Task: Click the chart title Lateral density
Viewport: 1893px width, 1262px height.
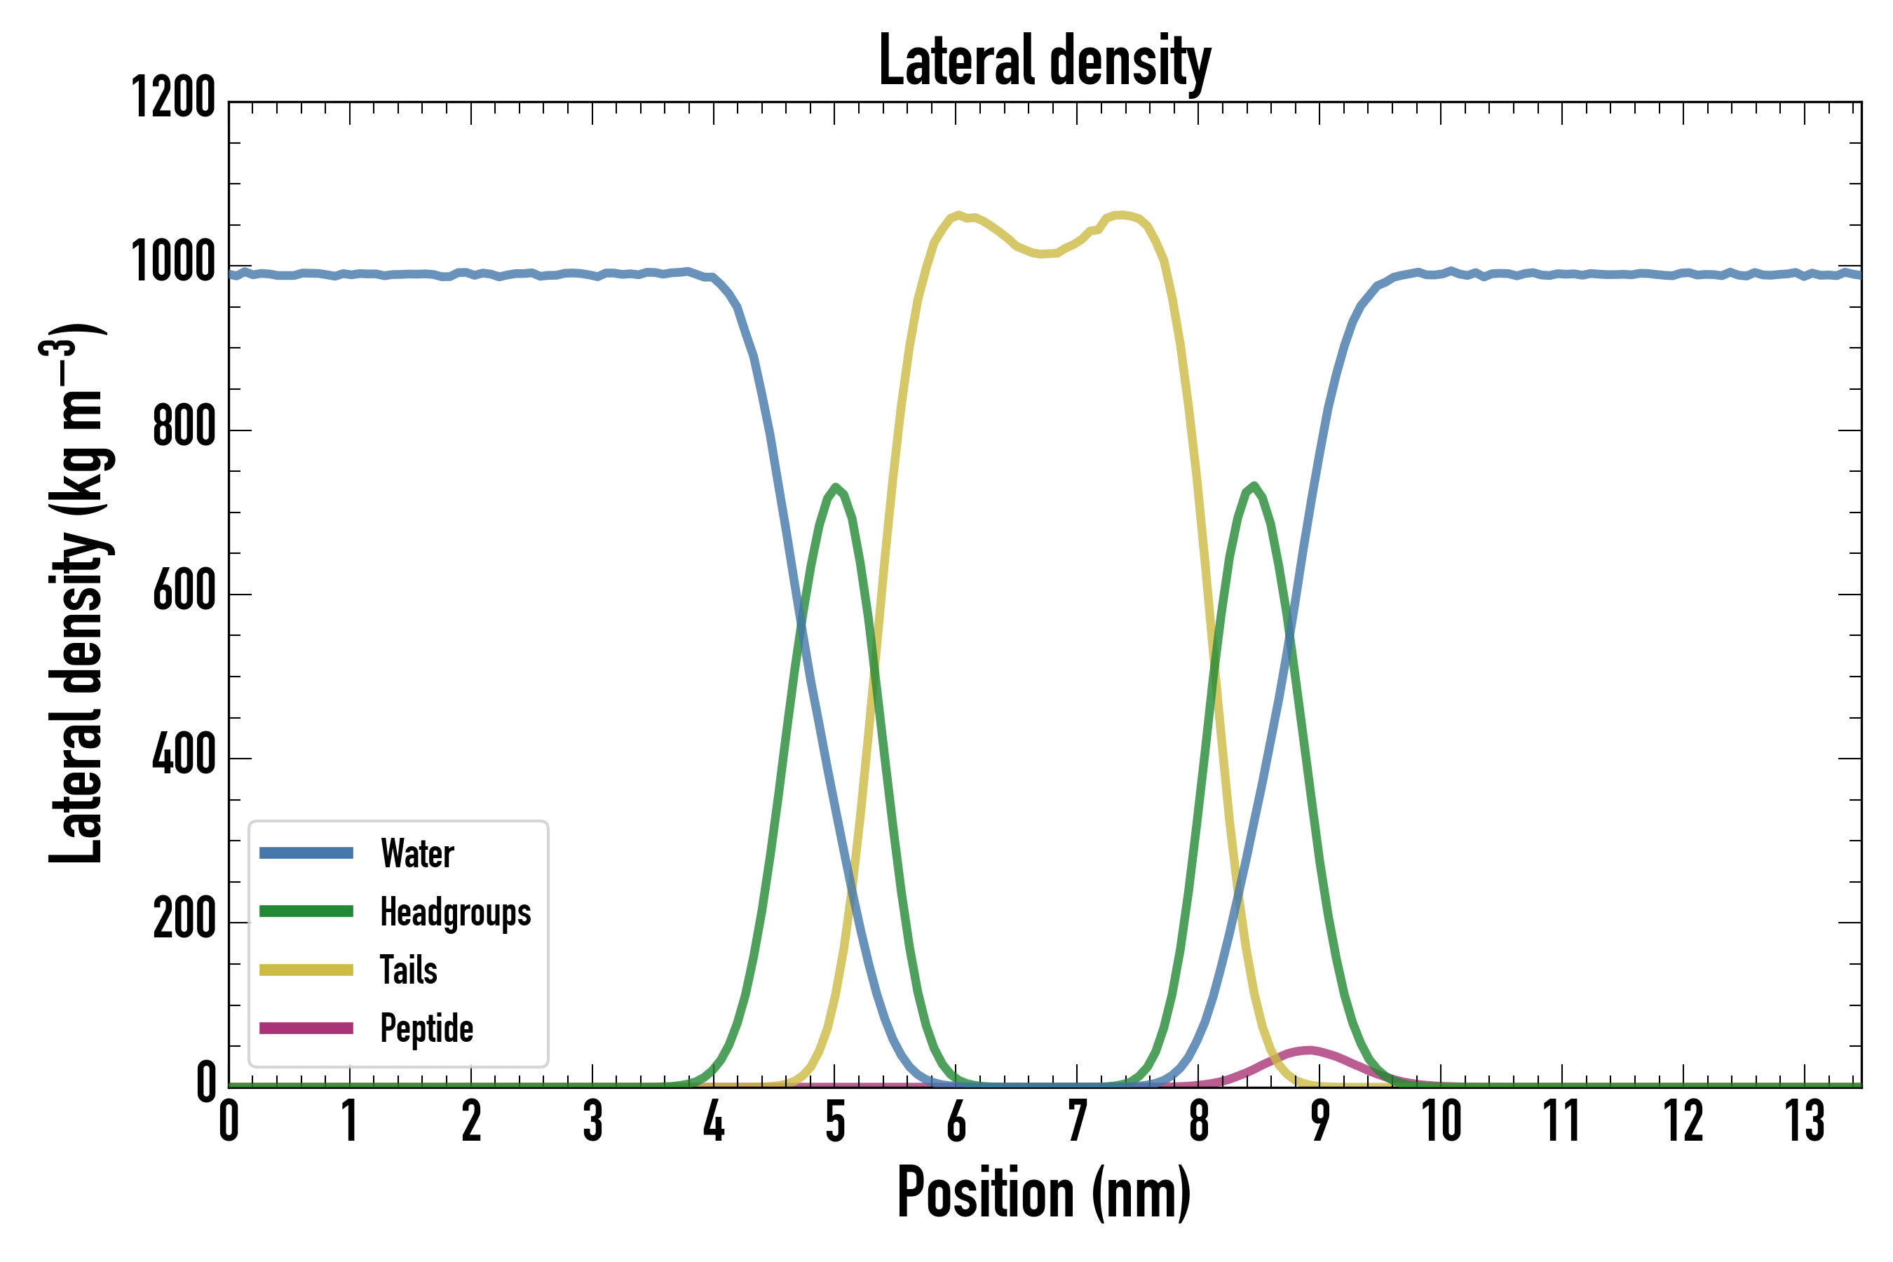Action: pos(1044,61)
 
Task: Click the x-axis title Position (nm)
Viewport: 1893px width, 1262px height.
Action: pos(1044,1193)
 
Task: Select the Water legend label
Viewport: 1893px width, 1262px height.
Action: pos(417,854)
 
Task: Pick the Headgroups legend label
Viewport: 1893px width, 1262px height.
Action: pos(455,913)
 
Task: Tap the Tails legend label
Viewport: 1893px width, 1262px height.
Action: pos(408,970)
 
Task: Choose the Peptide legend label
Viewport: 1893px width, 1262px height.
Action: pos(426,1029)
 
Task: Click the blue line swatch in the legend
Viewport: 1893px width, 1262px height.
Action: pos(306,853)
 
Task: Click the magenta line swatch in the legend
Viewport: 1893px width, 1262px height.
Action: pos(306,1028)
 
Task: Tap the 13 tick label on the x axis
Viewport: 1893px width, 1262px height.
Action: pos(1805,1121)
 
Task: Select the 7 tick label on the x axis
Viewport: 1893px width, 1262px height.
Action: pos(1077,1121)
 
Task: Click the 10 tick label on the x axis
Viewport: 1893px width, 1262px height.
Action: pos(1441,1121)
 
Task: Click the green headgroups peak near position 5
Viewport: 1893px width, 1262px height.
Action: pos(836,487)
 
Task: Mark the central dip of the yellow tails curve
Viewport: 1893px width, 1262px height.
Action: pos(1044,254)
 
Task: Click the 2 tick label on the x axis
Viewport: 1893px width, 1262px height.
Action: pos(472,1121)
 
